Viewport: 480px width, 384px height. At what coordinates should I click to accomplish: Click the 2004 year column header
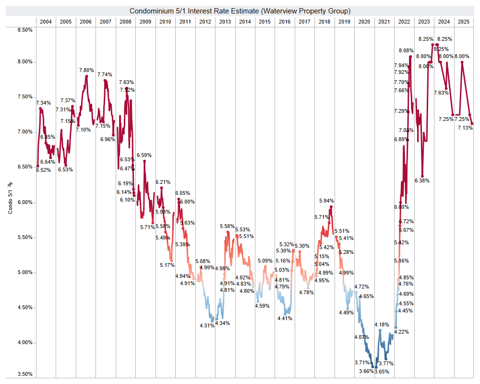46,22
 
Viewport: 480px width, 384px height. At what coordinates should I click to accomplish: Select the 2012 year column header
204,22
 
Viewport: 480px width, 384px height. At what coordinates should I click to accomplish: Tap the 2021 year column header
384,22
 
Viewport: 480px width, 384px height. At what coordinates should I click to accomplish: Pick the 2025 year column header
463,22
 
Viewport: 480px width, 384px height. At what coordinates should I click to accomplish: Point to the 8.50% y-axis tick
24,30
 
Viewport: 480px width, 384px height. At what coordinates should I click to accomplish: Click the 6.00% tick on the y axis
24,202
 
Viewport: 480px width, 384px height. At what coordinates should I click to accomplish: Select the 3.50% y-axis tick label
24,374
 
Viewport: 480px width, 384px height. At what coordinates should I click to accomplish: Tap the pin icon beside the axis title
10,184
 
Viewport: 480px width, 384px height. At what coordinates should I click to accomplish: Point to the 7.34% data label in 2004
43,103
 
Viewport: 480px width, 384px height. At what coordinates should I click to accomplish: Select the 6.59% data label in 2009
144,155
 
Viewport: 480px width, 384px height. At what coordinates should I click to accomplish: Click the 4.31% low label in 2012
207,325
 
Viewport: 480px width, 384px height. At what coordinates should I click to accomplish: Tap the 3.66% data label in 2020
366,371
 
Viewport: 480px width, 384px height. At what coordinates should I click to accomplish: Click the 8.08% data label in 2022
406,50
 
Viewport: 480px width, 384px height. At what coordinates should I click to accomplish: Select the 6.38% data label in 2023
422,180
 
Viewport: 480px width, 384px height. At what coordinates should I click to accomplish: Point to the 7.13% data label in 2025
465,127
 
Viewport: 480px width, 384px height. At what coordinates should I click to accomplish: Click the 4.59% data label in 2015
263,306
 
